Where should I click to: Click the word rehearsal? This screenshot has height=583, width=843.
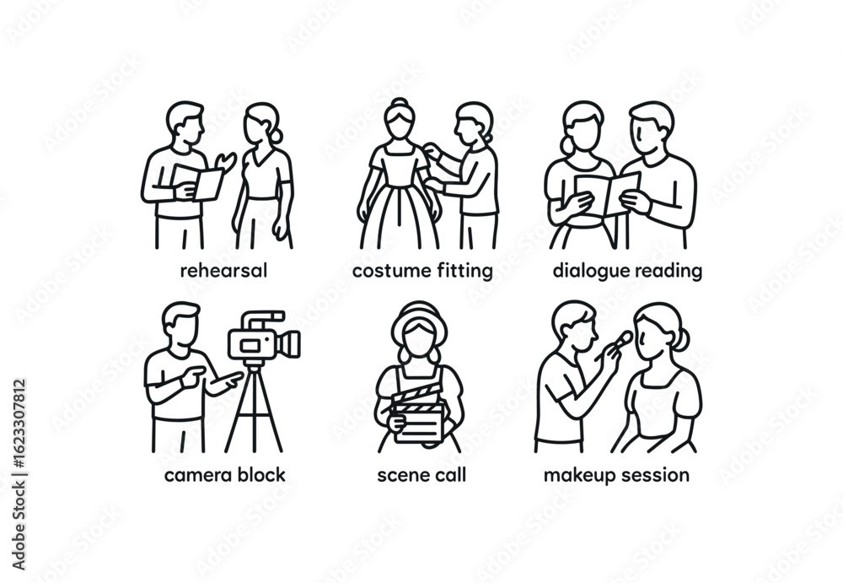click(x=223, y=270)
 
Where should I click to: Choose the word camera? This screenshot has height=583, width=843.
click(x=198, y=475)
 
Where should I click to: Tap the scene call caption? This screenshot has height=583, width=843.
click(x=421, y=475)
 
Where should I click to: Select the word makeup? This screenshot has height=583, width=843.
click(x=580, y=476)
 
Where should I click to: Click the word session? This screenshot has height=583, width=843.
click(x=655, y=475)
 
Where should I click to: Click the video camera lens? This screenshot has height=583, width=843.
click(x=290, y=343)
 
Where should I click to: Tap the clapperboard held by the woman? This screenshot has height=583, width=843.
click(x=419, y=414)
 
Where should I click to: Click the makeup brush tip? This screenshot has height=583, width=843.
click(x=626, y=337)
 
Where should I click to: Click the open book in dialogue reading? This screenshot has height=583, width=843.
click(x=607, y=192)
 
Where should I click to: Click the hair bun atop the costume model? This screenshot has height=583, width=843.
click(x=400, y=103)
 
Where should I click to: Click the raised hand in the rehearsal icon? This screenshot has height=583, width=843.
click(x=226, y=161)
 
